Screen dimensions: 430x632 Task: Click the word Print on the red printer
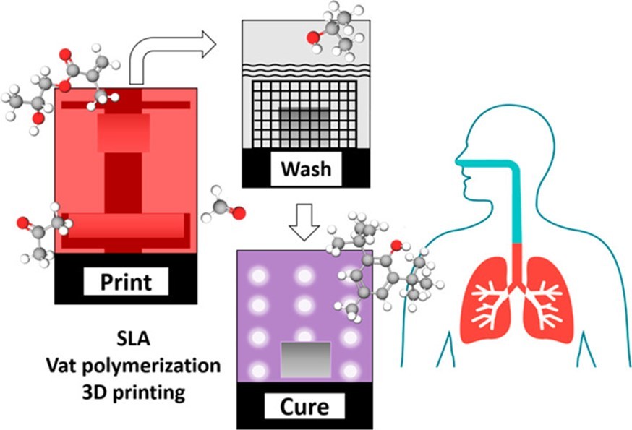(124, 280)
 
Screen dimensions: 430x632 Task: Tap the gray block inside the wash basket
(303, 124)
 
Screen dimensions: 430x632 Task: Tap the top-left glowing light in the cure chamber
(260, 275)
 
